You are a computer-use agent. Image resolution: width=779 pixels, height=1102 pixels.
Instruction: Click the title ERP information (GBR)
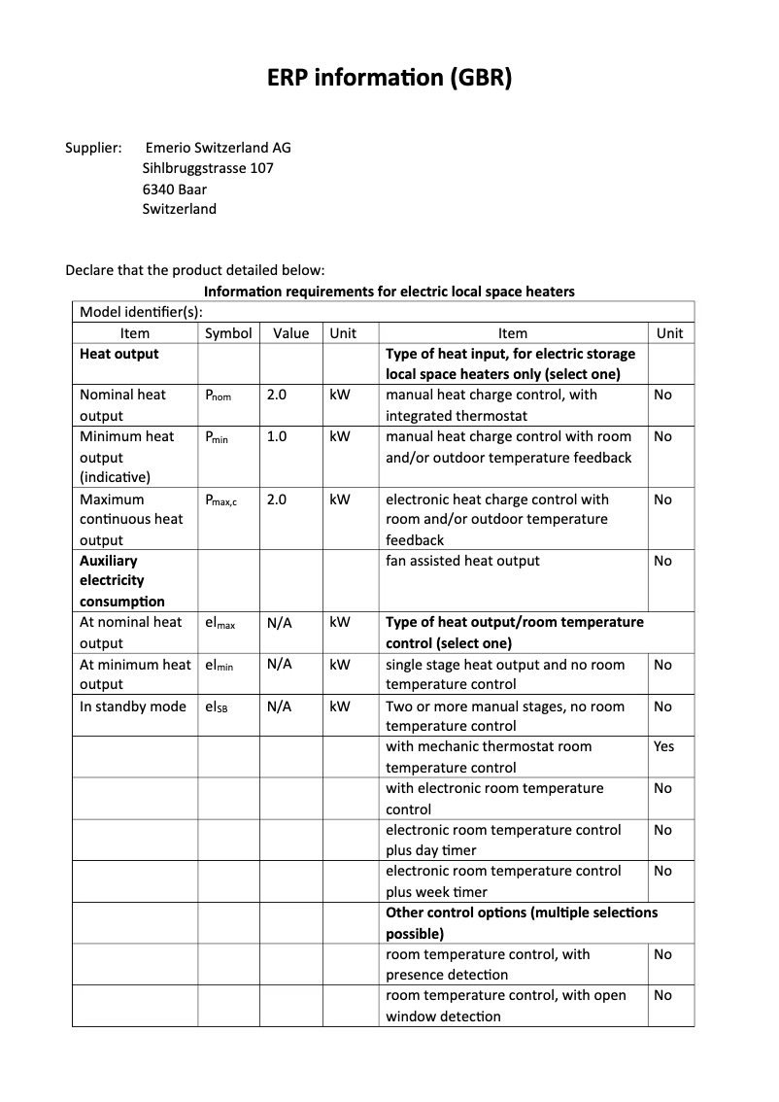pos(389,78)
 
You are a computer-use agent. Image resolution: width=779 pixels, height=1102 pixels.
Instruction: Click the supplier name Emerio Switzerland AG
pos(218,148)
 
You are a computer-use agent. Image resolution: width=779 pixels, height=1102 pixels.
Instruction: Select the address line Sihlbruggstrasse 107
pos(208,168)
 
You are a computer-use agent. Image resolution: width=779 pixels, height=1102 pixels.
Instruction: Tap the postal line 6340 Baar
pos(174,189)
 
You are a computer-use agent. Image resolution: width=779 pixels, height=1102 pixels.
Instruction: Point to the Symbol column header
pos(228,332)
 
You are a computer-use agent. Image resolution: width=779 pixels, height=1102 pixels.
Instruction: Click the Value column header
pos(290,332)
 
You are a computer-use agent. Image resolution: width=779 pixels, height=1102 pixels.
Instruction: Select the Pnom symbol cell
pos(218,396)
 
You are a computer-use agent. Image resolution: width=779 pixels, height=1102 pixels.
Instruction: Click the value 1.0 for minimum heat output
pos(277,436)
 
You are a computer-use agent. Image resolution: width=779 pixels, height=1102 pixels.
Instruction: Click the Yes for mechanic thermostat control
pos(663,746)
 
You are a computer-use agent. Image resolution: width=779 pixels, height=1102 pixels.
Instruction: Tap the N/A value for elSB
pos(279,706)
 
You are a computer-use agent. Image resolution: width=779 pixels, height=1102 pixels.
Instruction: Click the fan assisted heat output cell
pos(462,561)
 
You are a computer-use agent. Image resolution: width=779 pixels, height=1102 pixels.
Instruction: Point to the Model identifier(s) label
pos(141,312)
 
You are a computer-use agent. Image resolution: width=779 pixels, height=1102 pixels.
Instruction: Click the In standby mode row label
pos(132,706)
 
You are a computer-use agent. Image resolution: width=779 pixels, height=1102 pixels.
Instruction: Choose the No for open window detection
pos(662,995)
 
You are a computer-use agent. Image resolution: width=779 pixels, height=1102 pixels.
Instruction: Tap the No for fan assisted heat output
pos(662,561)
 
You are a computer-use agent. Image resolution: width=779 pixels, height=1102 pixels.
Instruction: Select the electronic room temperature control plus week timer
pos(503,881)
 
